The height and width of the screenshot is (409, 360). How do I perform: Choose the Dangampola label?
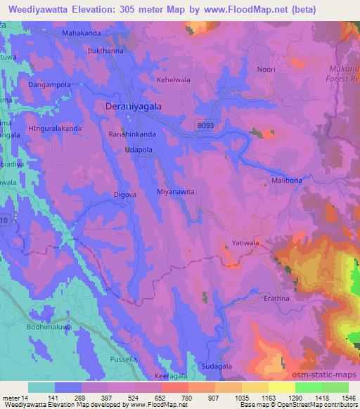(47, 85)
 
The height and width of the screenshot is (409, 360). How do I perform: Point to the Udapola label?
(138, 150)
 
